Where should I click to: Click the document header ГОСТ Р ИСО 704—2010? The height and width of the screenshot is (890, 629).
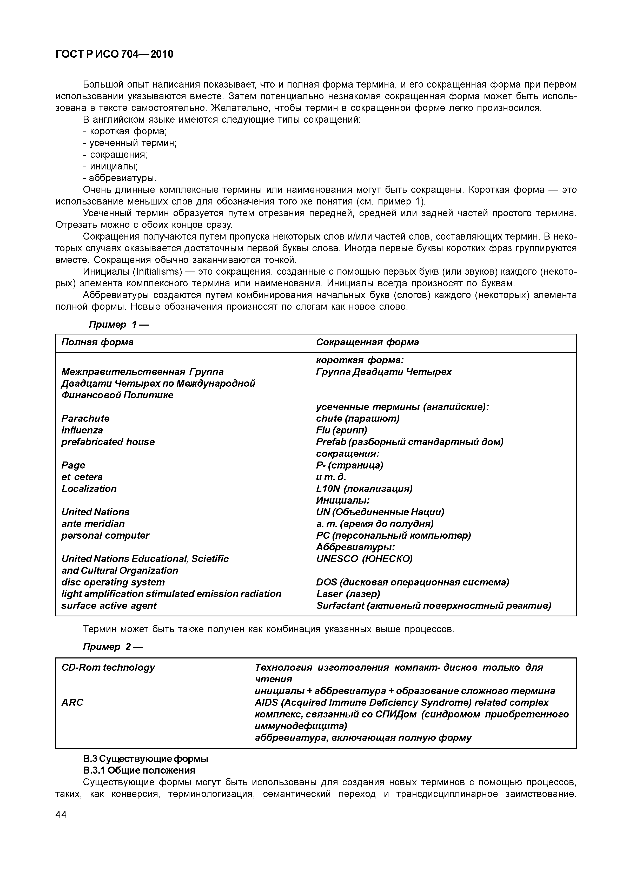pos(114,55)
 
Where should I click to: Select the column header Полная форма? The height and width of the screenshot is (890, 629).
pos(97,342)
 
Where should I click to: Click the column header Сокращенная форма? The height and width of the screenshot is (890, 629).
pos(367,342)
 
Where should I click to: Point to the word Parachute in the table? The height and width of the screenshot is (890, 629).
pos(85,419)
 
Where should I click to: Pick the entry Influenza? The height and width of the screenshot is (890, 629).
pos(82,430)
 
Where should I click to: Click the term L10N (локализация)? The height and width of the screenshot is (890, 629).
pos(364,489)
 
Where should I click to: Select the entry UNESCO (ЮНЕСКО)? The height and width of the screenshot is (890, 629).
pos(364,559)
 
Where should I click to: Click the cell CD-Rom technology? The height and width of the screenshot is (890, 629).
pos(108,668)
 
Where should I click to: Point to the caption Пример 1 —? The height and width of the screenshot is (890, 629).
pos(118,325)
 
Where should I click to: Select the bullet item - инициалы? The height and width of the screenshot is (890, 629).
pos(110,167)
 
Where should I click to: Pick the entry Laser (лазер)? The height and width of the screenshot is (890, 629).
pos(348,594)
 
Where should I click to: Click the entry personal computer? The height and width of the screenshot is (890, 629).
pos(105,536)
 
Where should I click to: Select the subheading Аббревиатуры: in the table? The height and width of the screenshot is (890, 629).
pos(355,547)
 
